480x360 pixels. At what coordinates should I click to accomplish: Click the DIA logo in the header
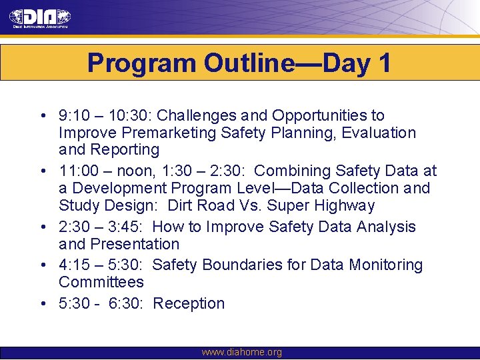[40, 19]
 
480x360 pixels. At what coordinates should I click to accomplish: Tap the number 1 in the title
[384, 63]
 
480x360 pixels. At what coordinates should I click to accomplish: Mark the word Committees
[101, 282]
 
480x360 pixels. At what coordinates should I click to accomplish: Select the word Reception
[189, 303]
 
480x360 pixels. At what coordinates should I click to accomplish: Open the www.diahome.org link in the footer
[241, 352]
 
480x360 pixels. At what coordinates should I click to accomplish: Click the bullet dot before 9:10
[42, 117]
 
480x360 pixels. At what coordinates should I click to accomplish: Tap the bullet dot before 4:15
[42, 265]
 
